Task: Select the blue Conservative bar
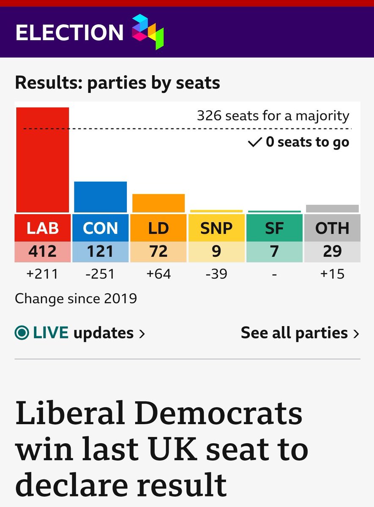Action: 101,197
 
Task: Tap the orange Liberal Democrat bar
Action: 158,203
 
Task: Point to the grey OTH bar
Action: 332,208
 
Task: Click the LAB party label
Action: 43,228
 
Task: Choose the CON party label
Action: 101,228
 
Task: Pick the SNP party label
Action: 216,228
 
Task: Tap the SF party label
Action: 274,228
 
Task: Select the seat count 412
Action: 43,251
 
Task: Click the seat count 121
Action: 101,251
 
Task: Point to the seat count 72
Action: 158,251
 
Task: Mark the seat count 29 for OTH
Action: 332,251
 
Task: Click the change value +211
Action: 43,274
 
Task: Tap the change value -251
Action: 101,274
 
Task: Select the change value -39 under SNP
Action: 216,274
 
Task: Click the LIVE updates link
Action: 80,333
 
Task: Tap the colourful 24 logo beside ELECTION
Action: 147,32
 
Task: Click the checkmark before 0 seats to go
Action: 255,142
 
